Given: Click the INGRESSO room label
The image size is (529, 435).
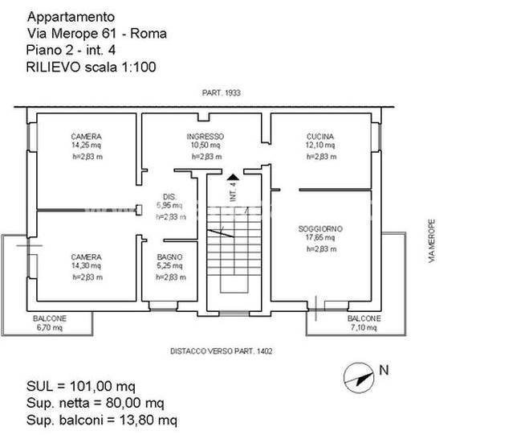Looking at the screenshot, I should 205,137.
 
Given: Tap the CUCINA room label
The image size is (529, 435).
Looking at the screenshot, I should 319,137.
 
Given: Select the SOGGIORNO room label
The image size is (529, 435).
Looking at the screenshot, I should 319,229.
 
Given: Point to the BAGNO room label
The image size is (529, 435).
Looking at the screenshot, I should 169,257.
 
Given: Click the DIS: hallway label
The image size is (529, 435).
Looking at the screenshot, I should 169,197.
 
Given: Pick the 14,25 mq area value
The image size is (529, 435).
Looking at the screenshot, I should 86,146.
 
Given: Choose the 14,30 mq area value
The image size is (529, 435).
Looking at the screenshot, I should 86,266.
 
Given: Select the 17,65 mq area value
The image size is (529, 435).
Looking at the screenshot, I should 319,238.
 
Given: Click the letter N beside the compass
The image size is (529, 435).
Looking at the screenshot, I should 384,371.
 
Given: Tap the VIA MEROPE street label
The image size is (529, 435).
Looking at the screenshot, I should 431,241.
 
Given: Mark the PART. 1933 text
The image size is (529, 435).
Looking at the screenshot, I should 222,93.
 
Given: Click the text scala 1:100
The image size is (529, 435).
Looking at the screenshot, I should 121,67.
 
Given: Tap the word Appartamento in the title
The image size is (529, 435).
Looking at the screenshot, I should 71,16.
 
